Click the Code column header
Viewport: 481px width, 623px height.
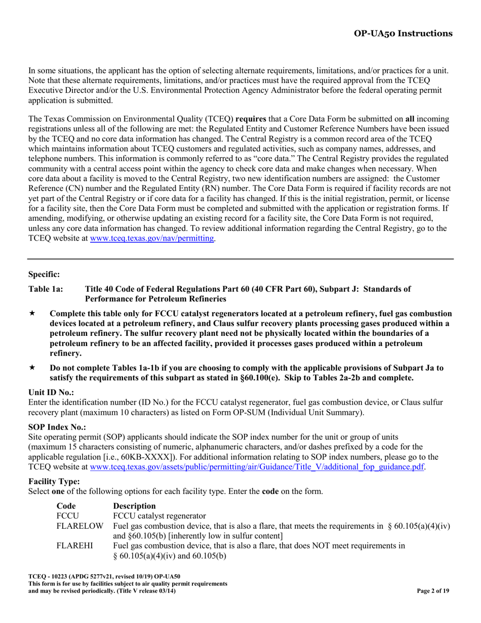click(x=66, y=505)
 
